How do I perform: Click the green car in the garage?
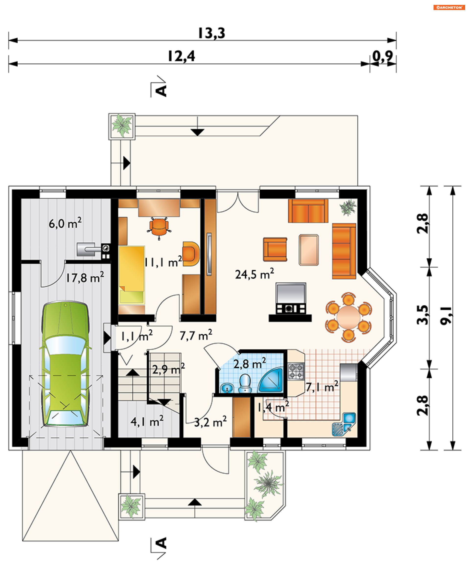click(x=65, y=363)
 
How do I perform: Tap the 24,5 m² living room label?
click(x=255, y=274)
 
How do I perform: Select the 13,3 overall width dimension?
click(x=211, y=33)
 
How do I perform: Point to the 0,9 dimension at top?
click(x=383, y=56)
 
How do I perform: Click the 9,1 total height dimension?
click(x=446, y=316)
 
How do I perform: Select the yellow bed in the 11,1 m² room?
click(x=131, y=275)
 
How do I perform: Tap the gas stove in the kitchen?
click(x=296, y=371)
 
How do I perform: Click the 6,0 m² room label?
click(x=65, y=223)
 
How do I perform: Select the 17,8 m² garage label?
click(x=85, y=277)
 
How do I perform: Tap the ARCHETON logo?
click(x=449, y=7)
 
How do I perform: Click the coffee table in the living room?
click(x=309, y=250)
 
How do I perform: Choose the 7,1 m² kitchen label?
click(x=322, y=387)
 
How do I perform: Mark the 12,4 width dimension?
click(x=181, y=56)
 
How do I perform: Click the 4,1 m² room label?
click(x=147, y=421)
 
